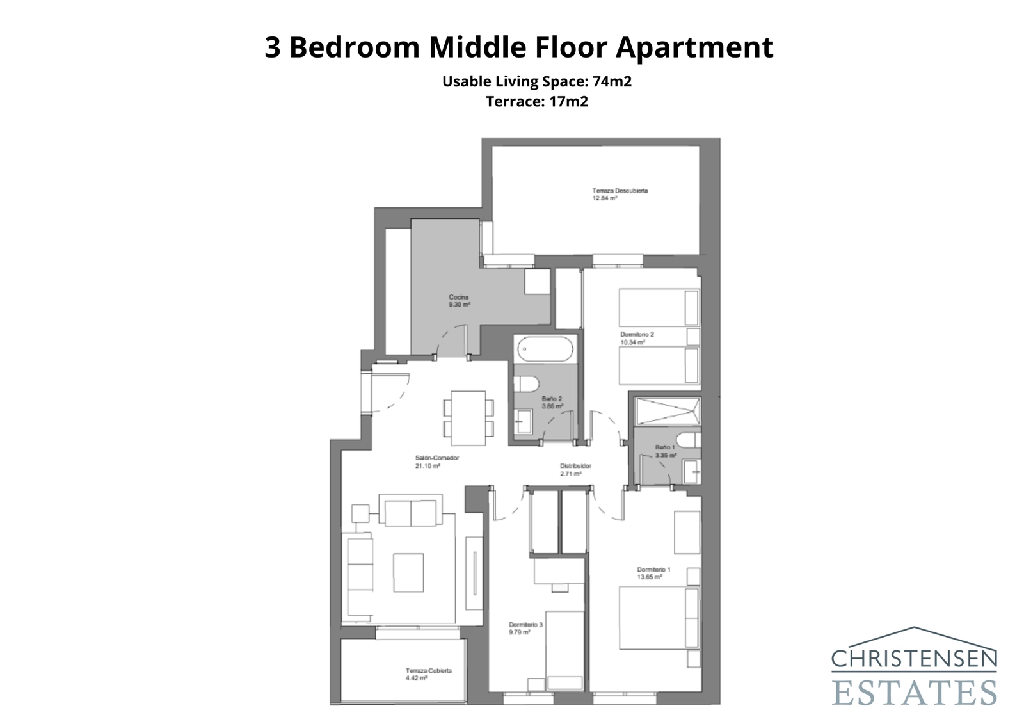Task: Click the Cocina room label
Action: click(459, 297)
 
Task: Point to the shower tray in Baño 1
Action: click(667, 411)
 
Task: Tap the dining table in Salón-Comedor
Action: click(468, 418)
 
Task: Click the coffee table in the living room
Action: click(408, 572)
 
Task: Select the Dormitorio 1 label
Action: click(653, 569)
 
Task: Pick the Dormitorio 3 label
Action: click(525, 625)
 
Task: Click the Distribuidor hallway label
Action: click(575, 466)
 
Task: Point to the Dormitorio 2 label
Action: click(637, 334)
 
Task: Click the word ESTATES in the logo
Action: click(914, 693)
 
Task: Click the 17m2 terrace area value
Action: click(568, 101)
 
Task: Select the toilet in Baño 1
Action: click(687, 440)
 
